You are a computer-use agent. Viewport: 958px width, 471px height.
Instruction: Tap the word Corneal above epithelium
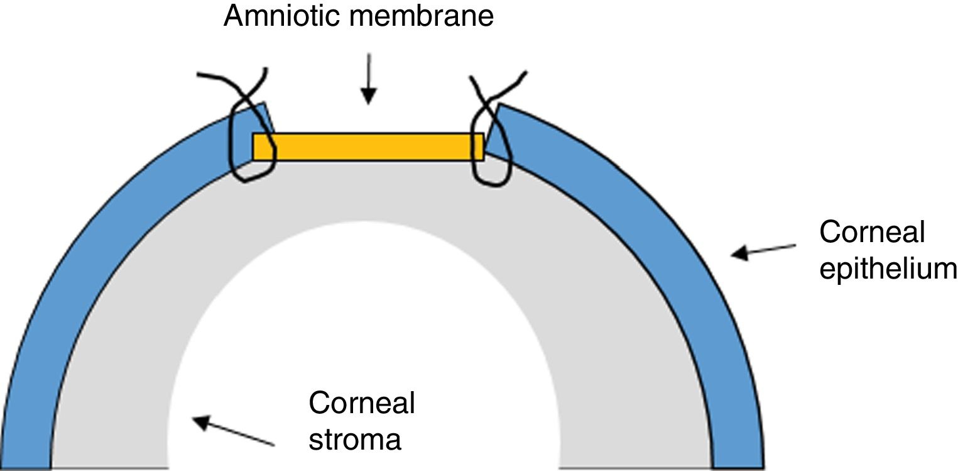coord(871,233)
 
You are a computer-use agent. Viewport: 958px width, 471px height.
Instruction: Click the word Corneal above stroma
coord(361,403)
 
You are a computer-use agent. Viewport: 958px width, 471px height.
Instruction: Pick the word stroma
coord(354,438)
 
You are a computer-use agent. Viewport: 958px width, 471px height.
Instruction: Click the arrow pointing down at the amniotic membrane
coord(369,78)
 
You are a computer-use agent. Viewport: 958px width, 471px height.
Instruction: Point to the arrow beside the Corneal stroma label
coord(233,431)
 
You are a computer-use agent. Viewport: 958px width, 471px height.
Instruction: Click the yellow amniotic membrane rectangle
coord(368,147)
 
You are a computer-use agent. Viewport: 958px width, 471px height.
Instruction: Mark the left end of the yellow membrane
coord(255,147)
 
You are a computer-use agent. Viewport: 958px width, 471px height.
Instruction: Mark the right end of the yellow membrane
coord(481,147)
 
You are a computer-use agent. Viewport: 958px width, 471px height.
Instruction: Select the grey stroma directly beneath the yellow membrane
coord(368,189)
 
